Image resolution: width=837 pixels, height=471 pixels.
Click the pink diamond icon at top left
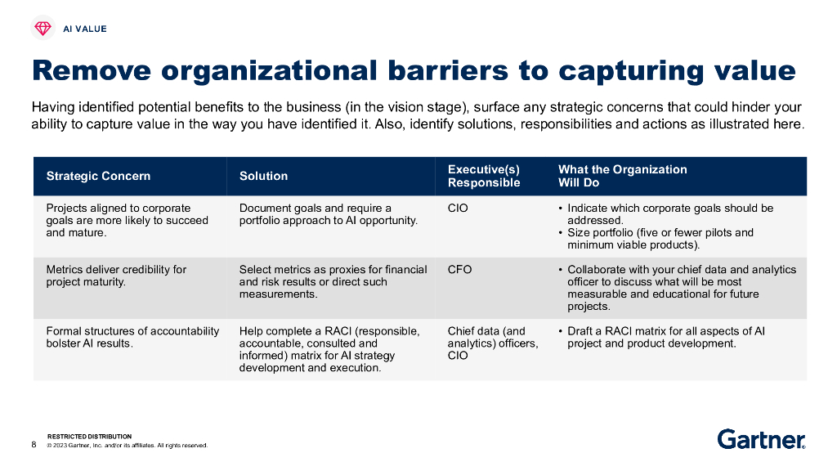coord(43,29)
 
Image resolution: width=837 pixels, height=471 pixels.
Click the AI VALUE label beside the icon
coord(85,29)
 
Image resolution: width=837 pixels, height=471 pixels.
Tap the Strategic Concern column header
coord(98,176)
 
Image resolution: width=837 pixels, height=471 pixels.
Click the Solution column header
coord(263,176)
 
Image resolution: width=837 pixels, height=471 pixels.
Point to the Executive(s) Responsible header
coord(484,176)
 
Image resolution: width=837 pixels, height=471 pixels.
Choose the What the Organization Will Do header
coord(622,176)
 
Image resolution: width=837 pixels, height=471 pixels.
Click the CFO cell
coord(459,270)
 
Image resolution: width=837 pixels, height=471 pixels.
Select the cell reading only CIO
coord(458,209)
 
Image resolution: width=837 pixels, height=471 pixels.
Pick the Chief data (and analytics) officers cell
coord(492,343)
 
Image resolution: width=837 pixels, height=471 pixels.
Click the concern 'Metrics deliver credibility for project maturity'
coord(116,276)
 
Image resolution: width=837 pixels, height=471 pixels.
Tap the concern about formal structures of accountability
coord(132,337)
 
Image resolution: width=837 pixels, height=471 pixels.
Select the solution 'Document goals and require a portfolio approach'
coord(328,214)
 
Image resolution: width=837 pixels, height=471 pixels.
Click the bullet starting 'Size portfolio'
coord(660,239)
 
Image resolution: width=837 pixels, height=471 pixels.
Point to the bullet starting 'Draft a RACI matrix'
coord(665,337)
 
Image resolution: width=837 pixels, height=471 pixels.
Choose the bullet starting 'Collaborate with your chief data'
coord(681,288)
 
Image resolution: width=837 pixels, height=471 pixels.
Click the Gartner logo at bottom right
coord(760,439)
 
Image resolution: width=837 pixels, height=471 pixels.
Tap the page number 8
coord(34,445)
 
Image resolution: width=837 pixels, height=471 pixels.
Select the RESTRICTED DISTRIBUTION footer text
coord(89,437)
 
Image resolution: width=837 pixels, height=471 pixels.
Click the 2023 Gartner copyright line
coord(128,446)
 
